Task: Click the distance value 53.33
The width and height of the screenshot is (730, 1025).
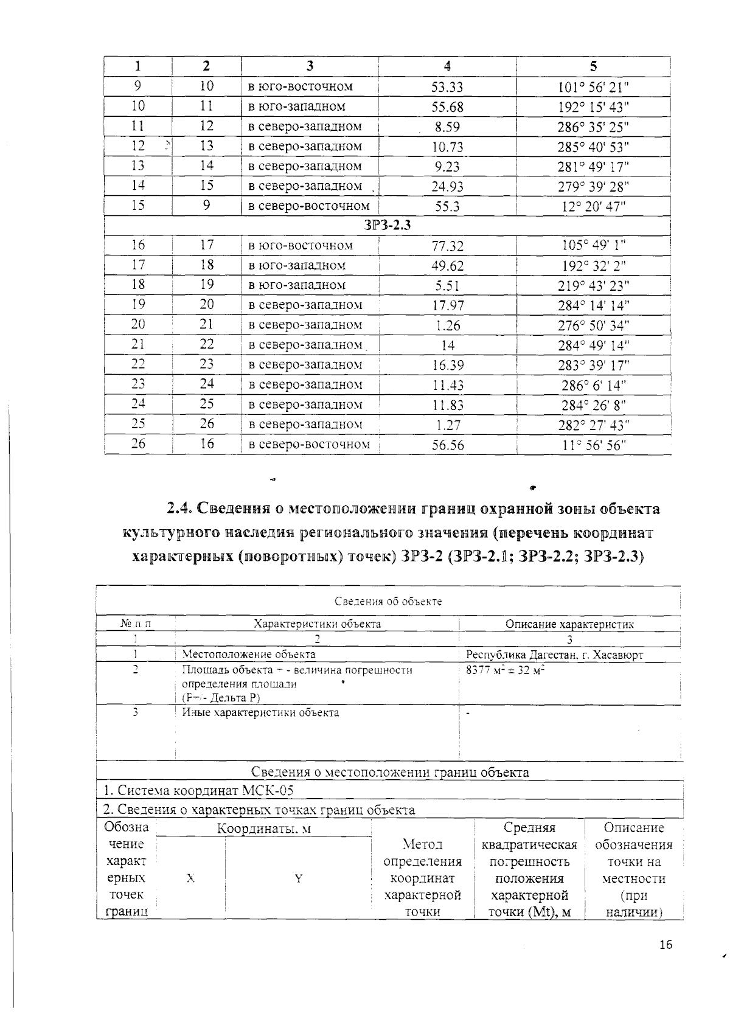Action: pos(447,87)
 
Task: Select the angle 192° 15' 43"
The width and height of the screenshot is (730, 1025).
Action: pos(593,107)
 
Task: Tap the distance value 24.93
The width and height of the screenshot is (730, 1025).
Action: pos(447,187)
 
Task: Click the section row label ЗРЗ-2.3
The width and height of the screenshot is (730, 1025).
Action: pos(388,225)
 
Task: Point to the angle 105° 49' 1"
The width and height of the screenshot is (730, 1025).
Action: pos(593,245)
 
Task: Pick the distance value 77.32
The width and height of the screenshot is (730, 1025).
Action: pos(447,246)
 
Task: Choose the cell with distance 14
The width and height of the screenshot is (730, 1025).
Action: pos(448,346)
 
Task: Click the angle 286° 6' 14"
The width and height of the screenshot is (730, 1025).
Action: pos(593,385)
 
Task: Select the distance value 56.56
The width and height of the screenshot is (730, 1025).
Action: pos(448,445)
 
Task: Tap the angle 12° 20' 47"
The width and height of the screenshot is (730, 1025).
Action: pos(593,207)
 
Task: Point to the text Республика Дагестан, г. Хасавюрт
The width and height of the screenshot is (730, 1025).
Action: pos(554,655)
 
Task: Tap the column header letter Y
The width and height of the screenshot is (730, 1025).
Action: pos(298,878)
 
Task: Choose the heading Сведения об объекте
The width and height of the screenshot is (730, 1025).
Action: pos(388,602)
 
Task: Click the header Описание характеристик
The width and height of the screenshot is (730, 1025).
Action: pos(569,624)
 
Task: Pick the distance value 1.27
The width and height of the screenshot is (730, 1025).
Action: pos(448,425)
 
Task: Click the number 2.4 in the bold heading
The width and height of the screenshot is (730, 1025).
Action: pos(180,509)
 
